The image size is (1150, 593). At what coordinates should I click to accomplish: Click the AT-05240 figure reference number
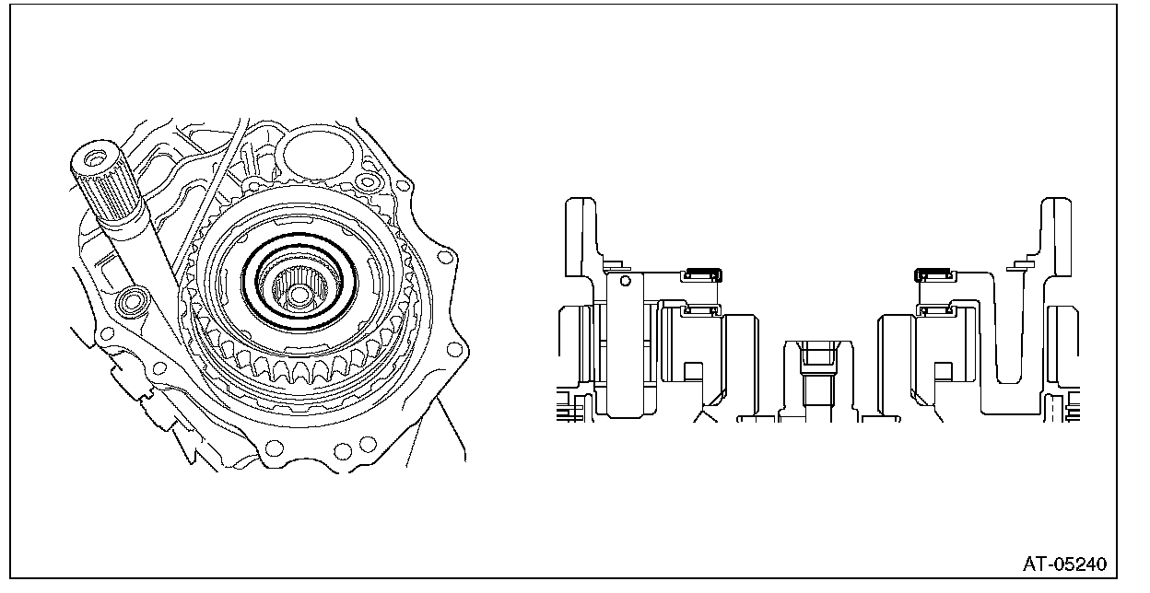1065,564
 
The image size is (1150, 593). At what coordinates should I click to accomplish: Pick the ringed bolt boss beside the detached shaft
132,301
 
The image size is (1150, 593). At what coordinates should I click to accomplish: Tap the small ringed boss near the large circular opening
368,181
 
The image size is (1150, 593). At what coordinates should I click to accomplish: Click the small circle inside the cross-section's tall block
626,281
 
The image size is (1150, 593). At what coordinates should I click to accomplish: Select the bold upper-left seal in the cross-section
701,275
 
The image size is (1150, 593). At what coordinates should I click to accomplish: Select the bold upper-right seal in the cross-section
935,275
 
